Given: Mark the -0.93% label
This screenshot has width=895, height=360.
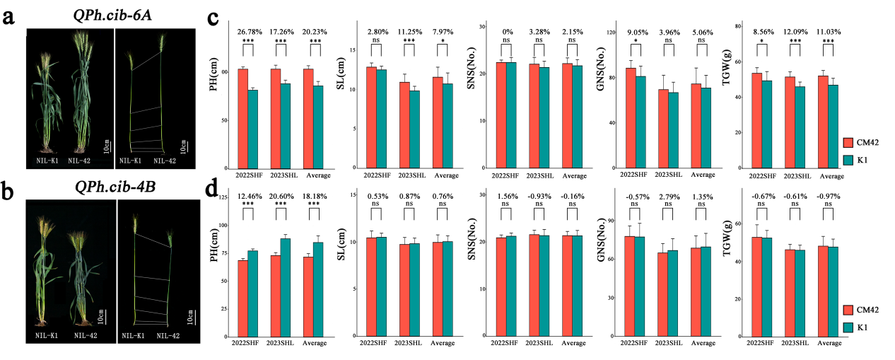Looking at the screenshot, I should coord(538,195).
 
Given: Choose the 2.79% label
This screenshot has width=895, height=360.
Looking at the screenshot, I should coord(669,195).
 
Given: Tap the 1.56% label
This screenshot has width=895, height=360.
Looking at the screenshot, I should coord(505,195).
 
